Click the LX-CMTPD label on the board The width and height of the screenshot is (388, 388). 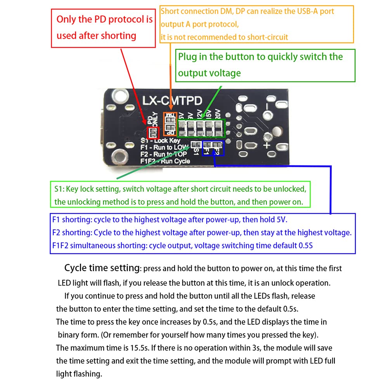pos(172,101)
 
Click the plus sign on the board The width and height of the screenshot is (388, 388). pos(267,145)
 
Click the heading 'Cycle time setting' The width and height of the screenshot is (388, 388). pos(102,268)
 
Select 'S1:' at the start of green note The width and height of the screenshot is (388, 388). pos(59,189)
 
